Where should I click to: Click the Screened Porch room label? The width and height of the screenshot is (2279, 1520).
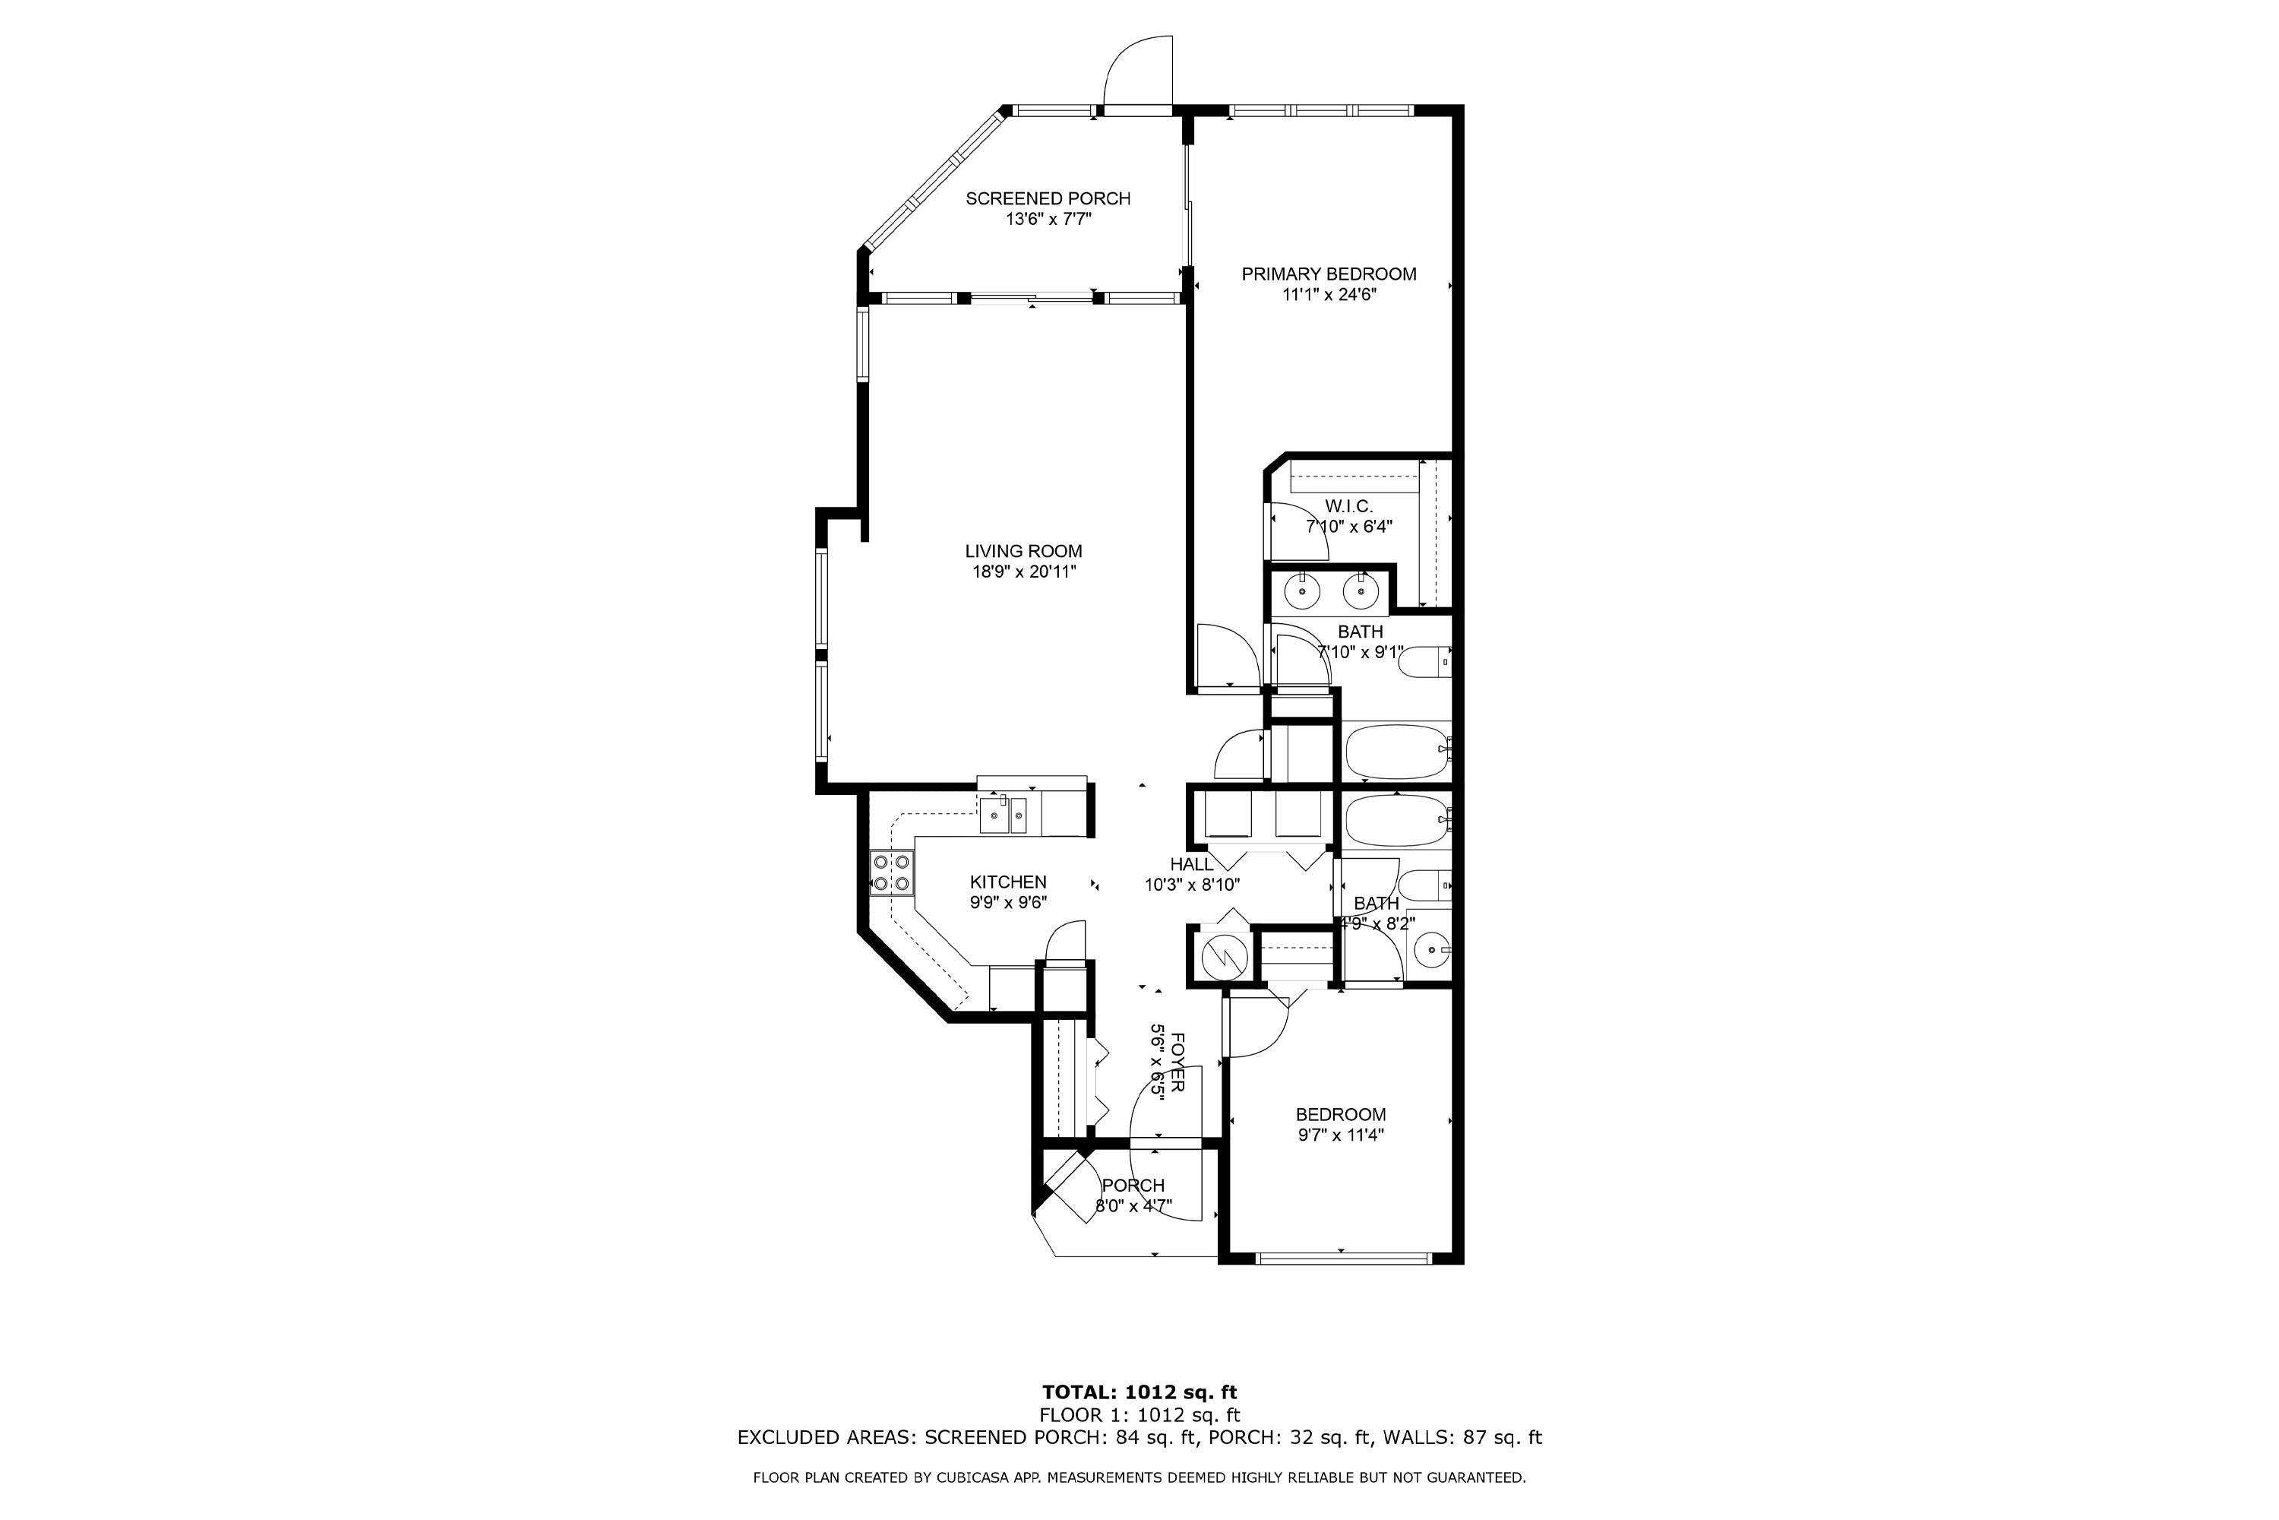point(1048,198)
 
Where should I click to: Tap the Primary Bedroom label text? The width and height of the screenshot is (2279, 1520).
point(1329,274)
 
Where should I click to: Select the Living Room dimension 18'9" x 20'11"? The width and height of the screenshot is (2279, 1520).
point(1024,572)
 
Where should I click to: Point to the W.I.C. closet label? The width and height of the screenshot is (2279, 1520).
point(1349,506)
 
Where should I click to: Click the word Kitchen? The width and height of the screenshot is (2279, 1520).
point(1008,882)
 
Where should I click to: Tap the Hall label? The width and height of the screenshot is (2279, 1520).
point(1192,863)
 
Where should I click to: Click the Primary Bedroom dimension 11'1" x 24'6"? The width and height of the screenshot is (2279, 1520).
point(1329,295)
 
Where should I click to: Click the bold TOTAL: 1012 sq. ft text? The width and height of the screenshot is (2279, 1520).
point(1139,1393)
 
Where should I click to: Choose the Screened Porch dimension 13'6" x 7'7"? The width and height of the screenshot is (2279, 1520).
point(1048,219)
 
